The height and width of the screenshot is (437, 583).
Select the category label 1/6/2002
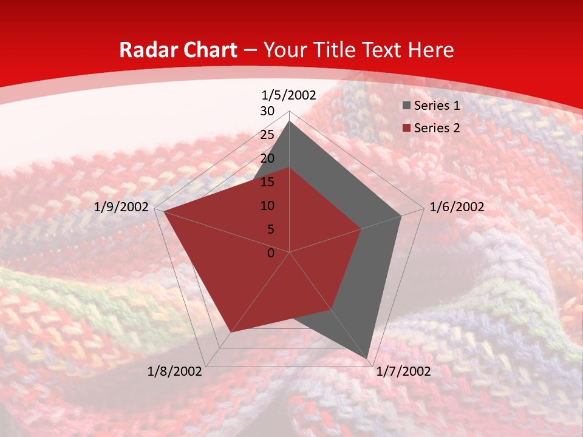(x=457, y=207)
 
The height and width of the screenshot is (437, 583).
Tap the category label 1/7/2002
(x=403, y=371)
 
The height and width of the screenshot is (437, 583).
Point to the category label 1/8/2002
(x=175, y=371)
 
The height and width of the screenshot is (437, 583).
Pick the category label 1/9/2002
(x=121, y=207)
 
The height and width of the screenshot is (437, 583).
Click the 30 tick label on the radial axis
(x=267, y=111)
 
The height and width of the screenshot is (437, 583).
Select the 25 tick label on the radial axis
(x=267, y=135)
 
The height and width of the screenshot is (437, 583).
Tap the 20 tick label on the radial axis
(x=267, y=158)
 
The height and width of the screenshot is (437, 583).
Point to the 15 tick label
(x=267, y=182)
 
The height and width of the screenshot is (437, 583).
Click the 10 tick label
(x=267, y=206)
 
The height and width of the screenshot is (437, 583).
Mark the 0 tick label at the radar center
(x=271, y=253)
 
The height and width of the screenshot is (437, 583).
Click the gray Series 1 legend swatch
(x=406, y=106)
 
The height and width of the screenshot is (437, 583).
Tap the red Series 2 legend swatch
(x=406, y=128)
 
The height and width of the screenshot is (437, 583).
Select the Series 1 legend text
(x=437, y=106)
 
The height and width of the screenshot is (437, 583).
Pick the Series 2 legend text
(x=437, y=128)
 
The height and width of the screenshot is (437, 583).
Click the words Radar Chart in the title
(x=178, y=50)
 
